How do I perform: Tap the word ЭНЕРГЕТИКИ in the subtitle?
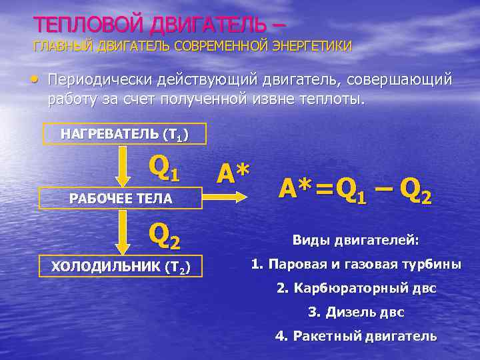313,46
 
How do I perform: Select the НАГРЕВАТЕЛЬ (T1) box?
124,134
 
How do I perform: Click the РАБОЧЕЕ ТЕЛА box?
121,198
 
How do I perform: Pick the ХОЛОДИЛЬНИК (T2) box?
121,267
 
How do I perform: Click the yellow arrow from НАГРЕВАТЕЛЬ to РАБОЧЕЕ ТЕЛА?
122,167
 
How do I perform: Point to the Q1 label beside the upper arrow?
164,169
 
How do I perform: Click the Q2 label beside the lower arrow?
164,233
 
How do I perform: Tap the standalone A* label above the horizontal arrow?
233,173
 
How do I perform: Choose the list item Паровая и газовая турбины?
356,264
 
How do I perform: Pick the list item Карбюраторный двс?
356,289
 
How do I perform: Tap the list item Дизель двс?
356,312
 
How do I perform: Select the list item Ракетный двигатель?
356,336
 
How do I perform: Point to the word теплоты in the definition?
331,99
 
